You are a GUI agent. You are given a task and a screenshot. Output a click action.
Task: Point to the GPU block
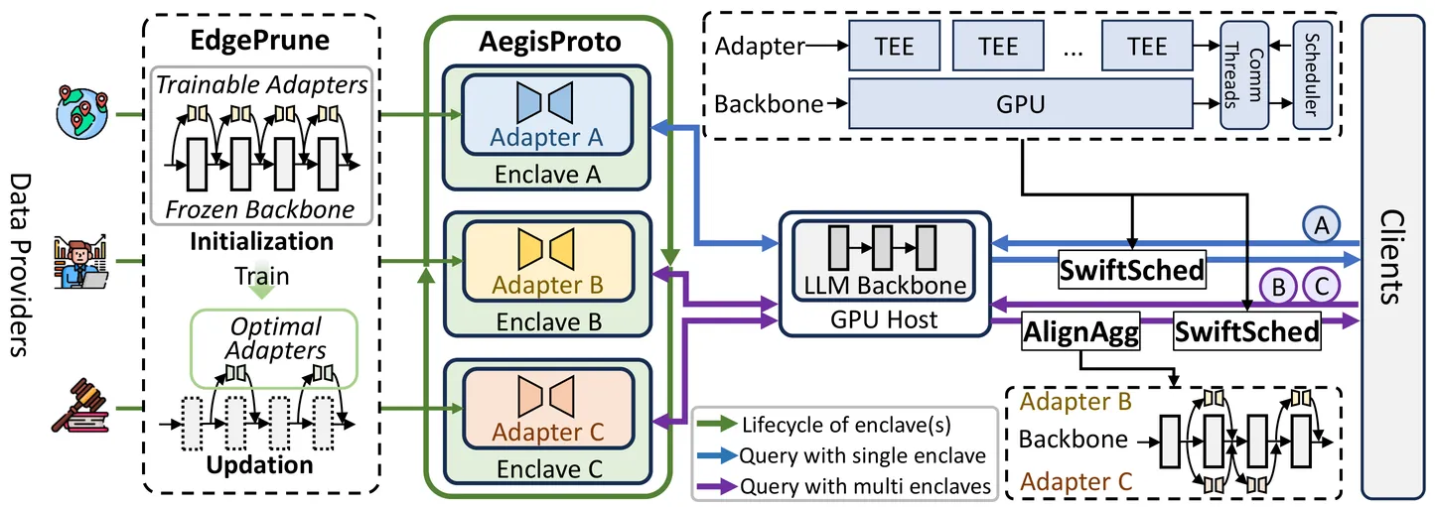click(x=1019, y=103)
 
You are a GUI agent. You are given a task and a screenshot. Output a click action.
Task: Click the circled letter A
click(x=1320, y=227)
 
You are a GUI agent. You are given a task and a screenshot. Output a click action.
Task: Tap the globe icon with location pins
click(x=81, y=112)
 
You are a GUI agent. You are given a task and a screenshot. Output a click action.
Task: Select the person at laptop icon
click(x=82, y=260)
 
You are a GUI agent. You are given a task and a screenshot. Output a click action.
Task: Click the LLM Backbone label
click(x=886, y=286)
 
